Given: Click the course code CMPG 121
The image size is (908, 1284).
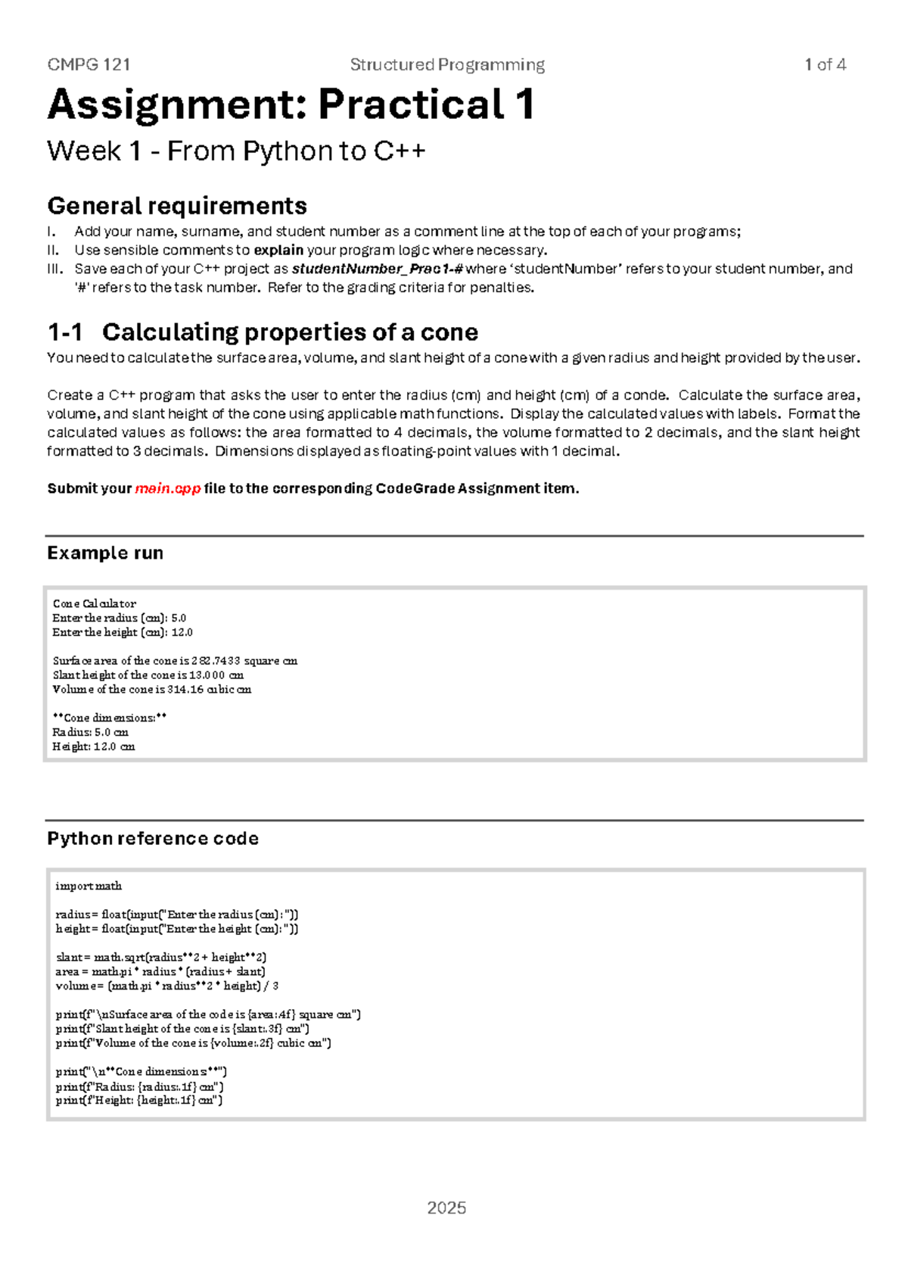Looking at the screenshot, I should click(x=89, y=65).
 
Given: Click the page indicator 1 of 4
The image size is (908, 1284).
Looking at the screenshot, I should click(x=825, y=65).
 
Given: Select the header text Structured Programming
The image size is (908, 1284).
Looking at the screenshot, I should click(x=447, y=65).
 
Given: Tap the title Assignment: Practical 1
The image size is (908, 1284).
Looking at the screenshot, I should click(x=291, y=104).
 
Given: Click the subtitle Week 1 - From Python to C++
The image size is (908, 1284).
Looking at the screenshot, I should click(x=236, y=151).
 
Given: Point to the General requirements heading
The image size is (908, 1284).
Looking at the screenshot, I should click(x=177, y=206).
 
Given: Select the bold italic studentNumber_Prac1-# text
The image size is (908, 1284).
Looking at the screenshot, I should click(x=378, y=269).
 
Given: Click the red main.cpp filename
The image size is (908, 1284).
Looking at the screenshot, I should click(x=167, y=488).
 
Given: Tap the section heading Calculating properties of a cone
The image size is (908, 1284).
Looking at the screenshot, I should click(x=290, y=332).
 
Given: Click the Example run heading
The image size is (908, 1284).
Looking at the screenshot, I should click(x=105, y=553).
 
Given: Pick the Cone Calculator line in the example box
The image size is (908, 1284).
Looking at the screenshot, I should click(x=95, y=603).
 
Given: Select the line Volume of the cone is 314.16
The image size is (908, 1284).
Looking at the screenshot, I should click(x=151, y=690).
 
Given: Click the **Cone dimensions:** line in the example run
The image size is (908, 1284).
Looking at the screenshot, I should click(x=110, y=718).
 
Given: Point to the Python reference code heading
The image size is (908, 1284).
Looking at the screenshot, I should click(x=153, y=838).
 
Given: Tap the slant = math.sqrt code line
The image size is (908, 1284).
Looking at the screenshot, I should click(x=160, y=958).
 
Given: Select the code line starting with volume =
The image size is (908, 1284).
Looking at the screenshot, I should click(x=166, y=986).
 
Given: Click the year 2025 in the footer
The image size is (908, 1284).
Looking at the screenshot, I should click(x=446, y=1208).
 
